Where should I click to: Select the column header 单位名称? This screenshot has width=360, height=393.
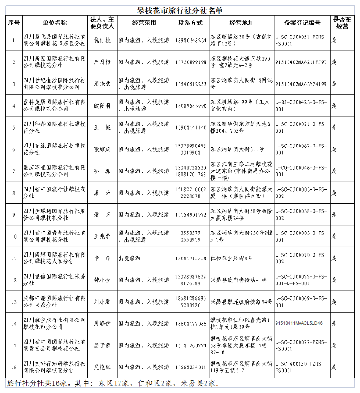55,23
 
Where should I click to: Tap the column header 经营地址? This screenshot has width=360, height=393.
241,23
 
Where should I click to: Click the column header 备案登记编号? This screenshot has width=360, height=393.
302,23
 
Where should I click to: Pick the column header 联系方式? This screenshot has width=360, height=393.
191,23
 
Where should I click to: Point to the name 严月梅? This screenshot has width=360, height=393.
102,62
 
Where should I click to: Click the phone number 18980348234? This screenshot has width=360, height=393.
191,40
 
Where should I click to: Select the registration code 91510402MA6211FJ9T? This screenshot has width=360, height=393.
301,62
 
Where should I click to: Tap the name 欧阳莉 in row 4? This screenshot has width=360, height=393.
102,106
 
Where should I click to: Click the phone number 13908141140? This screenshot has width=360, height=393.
191,128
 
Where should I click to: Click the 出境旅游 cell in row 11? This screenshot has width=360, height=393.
129,258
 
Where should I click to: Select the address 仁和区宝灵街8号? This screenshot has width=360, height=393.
231,258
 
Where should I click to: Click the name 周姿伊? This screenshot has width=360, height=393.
102,323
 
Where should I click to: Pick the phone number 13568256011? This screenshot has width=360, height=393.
191,367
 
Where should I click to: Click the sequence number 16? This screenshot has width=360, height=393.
13,367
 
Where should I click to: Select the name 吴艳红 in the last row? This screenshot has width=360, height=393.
102,367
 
